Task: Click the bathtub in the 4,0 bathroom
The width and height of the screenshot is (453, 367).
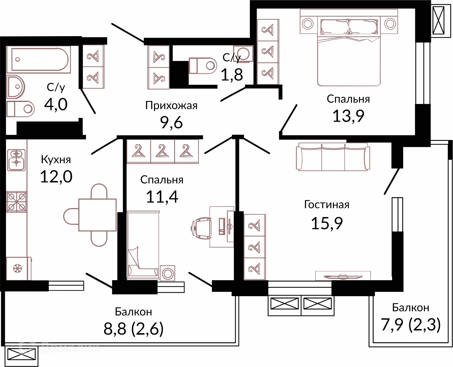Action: coord(39,60)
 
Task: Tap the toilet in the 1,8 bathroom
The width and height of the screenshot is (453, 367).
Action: coord(203,66)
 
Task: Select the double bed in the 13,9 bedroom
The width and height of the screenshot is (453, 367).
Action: coord(349,52)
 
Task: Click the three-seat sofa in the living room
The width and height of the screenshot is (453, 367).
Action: coord(333,157)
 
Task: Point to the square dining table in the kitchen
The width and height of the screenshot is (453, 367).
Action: coord(97,215)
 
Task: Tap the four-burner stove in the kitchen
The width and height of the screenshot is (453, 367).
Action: coord(16,202)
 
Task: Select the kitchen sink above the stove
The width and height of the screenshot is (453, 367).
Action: coord(16,160)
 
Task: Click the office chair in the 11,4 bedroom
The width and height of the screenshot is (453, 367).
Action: coord(201,227)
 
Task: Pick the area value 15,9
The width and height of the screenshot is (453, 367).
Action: coord(327,223)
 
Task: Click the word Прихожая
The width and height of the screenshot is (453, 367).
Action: coord(171,106)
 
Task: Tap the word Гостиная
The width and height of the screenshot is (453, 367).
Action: coord(327,205)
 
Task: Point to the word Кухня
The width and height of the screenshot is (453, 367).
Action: coord(56,160)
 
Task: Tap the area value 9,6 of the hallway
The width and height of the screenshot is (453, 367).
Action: coord(171,123)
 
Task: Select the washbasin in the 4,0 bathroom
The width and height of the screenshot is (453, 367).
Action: coord(16,87)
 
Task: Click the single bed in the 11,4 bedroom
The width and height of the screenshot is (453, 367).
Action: coord(143,245)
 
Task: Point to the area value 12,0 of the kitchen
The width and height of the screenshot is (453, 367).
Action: coord(56,177)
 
